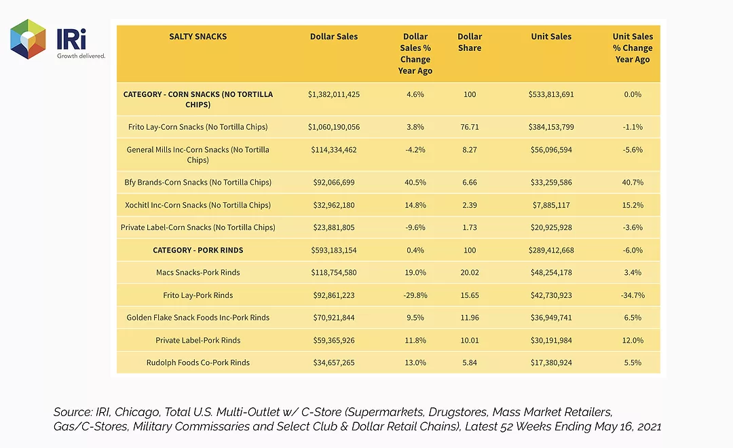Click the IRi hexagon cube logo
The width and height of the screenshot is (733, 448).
(x=28, y=39)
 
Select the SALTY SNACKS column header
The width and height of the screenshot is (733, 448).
(x=198, y=37)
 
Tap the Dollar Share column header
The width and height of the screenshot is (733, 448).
(x=470, y=42)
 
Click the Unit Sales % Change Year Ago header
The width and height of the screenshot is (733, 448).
(x=633, y=48)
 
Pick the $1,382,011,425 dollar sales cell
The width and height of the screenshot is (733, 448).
(x=334, y=94)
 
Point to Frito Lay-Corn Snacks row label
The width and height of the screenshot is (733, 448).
(x=198, y=127)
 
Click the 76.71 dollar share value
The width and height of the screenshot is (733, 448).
(x=470, y=127)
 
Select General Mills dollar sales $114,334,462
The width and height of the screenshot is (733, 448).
(x=334, y=149)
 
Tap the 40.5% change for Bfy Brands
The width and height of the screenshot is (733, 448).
(x=415, y=183)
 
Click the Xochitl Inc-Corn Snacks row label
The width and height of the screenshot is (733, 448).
(x=198, y=205)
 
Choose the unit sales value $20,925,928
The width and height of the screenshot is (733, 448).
(x=551, y=227)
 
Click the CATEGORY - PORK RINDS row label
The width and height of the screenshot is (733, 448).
(x=198, y=250)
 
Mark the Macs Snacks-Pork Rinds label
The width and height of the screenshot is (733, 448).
(x=198, y=272)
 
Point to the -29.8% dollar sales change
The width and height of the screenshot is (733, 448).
(x=415, y=295)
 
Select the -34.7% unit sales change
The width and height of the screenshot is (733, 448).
(x=633, y=295)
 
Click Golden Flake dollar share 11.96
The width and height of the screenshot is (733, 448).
(x=470, y=318)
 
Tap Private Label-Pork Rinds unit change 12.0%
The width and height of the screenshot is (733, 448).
(x=633, y=341)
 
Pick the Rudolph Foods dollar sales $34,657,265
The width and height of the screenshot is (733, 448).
(x=334, y=362)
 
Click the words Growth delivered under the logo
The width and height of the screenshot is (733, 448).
(x=81, y=56)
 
